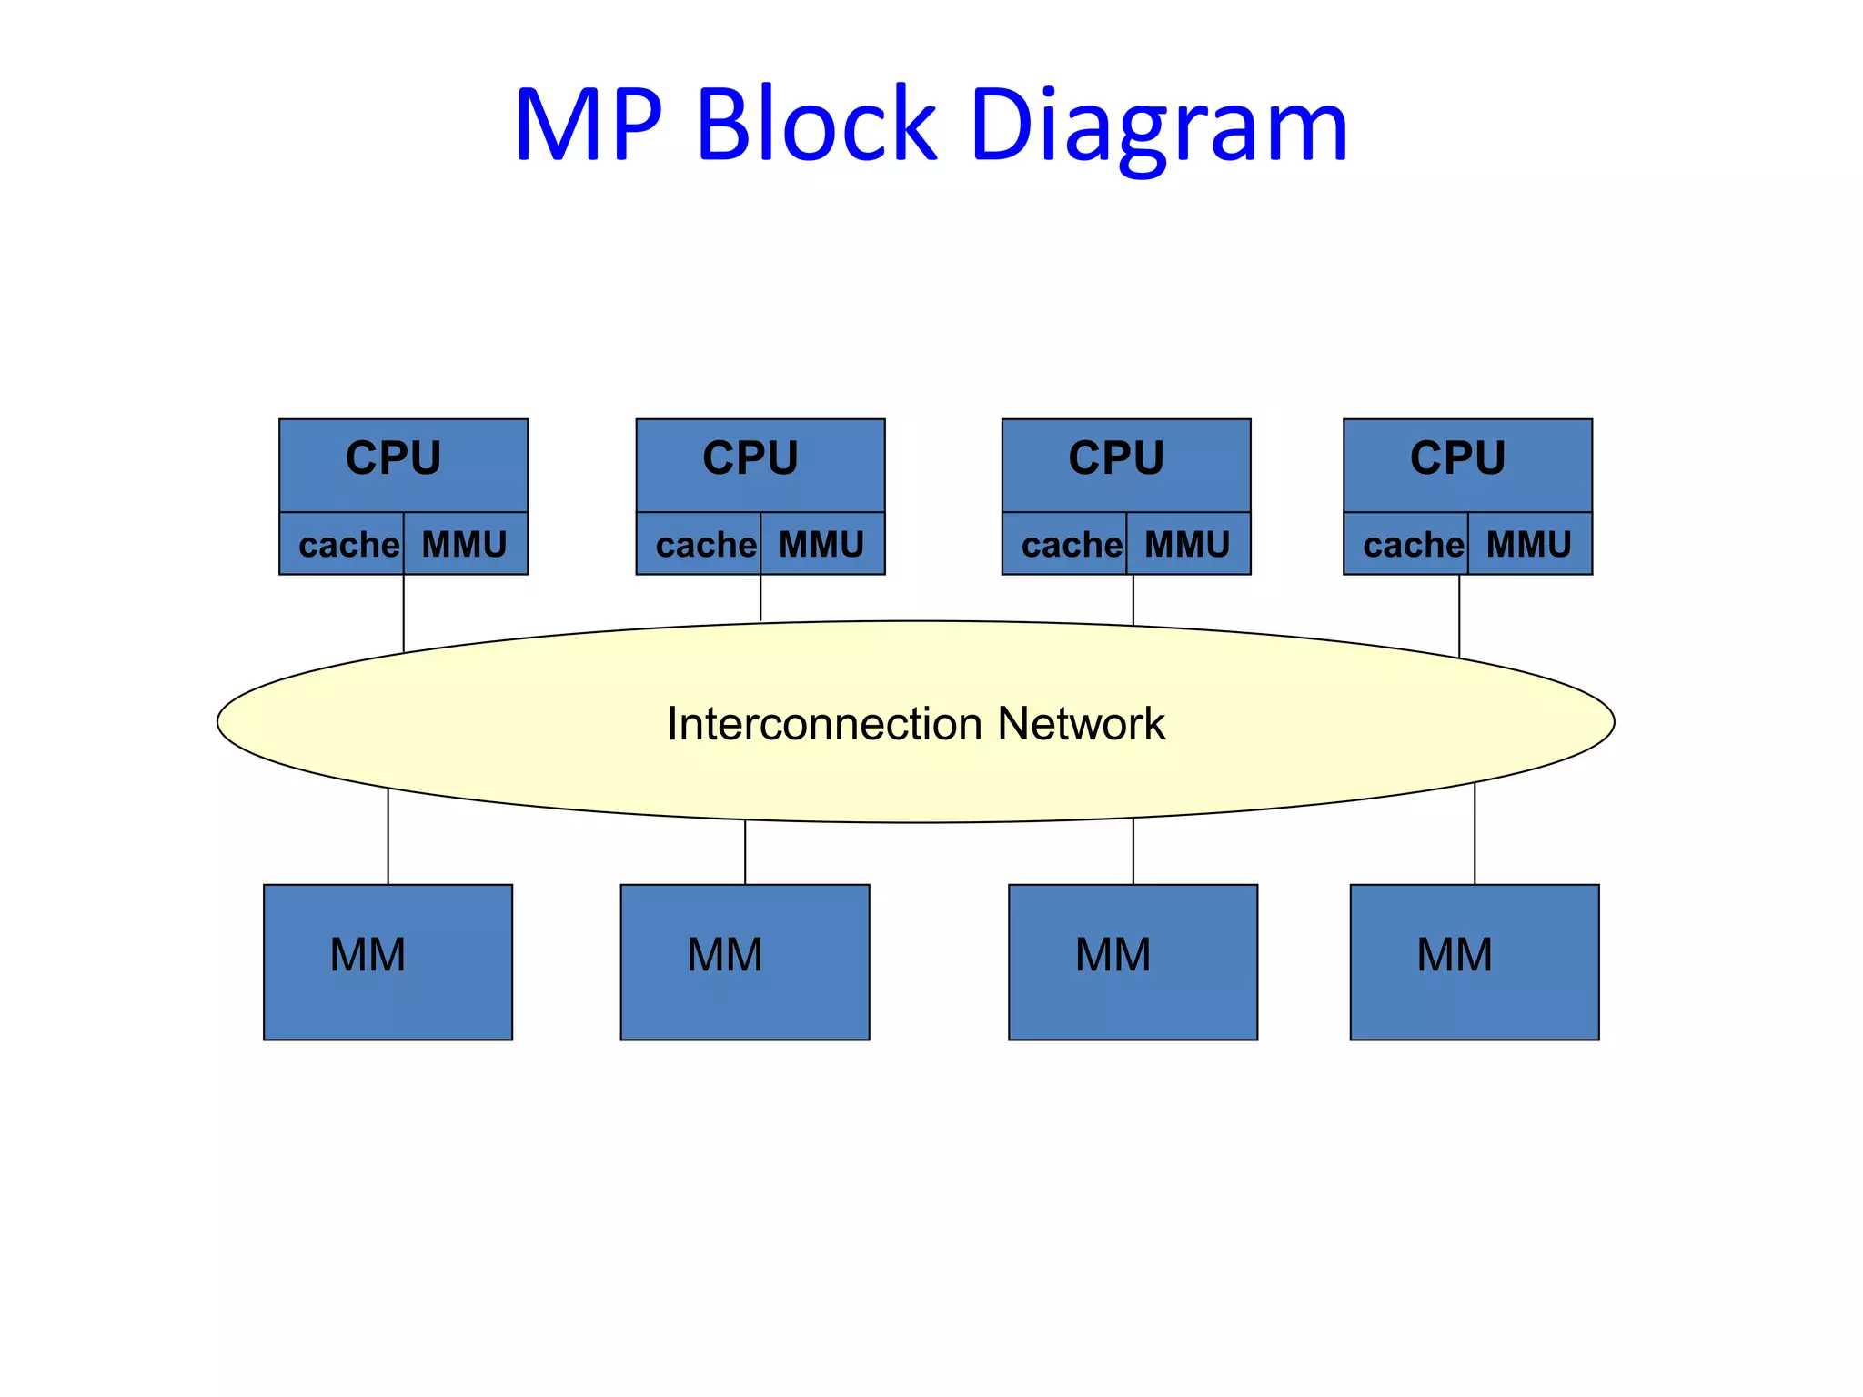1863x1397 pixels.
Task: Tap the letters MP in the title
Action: tap(589, 126)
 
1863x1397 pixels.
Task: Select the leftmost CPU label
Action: tap(393, 457)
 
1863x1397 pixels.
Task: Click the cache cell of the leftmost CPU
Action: tap(347, 545)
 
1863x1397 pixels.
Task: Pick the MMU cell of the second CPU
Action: tap(821, 545)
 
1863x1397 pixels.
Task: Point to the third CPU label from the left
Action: tap(1115, 457)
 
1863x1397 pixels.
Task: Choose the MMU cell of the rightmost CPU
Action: tap(1528, 545)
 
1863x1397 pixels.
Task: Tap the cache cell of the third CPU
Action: tap(1071, 545)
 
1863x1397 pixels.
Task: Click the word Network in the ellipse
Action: tap(1081, 724)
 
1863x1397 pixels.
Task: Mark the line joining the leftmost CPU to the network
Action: tap(404, 613)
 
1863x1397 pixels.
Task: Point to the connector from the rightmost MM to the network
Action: tap(1475, 833)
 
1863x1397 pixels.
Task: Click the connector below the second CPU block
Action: tap(760, 598)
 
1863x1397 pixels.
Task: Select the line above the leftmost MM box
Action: tap(388, 837)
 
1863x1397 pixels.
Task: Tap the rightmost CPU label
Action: tap(1457, 457)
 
